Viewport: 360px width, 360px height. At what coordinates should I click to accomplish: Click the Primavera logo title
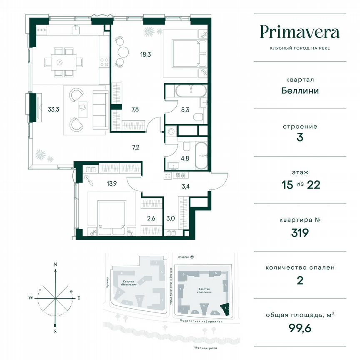coord(300,32)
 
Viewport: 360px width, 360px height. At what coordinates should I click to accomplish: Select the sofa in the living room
coord(100,110)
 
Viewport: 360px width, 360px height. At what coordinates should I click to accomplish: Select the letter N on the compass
coord(55,264)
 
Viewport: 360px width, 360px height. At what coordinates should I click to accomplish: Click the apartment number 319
coord(300,232)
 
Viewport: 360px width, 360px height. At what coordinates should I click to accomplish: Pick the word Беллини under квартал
coord(300,90)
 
